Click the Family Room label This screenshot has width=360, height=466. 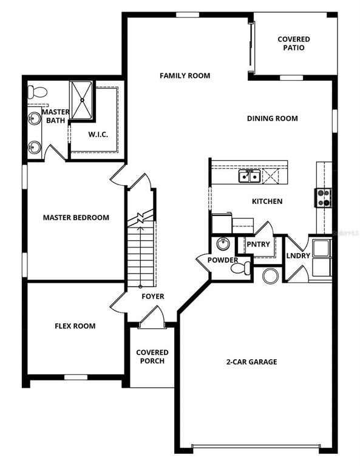(x=185, y=76)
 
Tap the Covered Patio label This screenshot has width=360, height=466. (x=294, y=43)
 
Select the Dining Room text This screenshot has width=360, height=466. (x=272, y=119)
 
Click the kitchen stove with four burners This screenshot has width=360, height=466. (x=323, y=197)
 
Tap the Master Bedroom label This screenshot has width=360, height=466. (x=76, y=217)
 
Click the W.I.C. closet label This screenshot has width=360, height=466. (x=98, y=134)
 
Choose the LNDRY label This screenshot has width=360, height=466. (x=298, y=255)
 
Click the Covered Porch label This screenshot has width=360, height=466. (x=152, y=357)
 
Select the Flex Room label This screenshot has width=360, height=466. (x=75, y=326)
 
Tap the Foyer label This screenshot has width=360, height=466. (x=152, y=297)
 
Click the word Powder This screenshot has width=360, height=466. (x=222, y=260)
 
